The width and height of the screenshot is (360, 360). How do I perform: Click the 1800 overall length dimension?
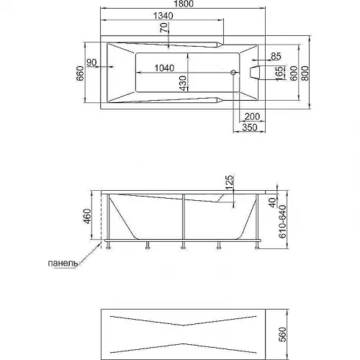tap(184, 4)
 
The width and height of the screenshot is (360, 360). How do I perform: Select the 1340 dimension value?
tap(163, 16)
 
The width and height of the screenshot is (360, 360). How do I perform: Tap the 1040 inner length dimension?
tap(164, 68)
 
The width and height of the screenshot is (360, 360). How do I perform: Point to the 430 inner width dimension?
tap(183, 84)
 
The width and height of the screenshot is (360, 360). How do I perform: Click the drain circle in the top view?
tap(233, 72)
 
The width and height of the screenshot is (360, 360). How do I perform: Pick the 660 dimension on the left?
tap(80, 73)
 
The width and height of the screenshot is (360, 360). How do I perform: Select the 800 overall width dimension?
tap(305, 73)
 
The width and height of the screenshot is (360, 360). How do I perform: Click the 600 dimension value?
tap(294, 73)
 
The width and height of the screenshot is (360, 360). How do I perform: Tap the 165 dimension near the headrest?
tap(279, 74)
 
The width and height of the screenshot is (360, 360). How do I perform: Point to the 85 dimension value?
tap(276, 56)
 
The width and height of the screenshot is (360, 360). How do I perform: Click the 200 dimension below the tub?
tap(252, 117)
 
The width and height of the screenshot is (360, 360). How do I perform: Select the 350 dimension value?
tap(250, 127)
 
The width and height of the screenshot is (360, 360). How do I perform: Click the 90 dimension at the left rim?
tap(91, 63)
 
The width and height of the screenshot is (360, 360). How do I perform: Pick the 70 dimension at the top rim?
tap(163, 27)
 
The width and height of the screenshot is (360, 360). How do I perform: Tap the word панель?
tap(63, 264)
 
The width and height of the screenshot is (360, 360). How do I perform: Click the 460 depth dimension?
tap(87, 216)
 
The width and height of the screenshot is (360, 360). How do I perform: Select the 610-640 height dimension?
tap(282, 222)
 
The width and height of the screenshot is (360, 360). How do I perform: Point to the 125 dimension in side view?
tap(230, 182)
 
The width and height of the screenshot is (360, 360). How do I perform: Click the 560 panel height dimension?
tap(283, 334)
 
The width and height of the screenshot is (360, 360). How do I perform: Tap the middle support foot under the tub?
tap(183, 246)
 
